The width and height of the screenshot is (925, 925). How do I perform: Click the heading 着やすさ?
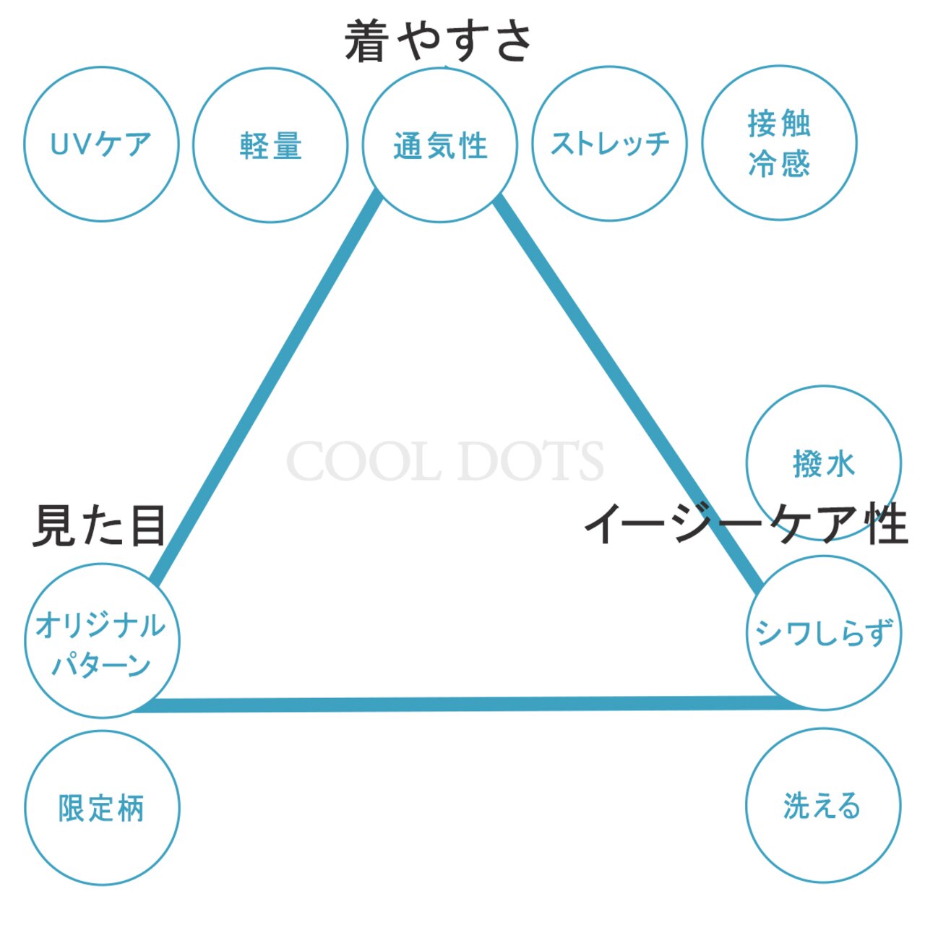click(x=439, y=41)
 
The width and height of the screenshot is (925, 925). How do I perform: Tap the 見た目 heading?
click(x=100, y=525)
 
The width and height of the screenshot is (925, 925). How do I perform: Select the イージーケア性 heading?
click(x=745, y=524)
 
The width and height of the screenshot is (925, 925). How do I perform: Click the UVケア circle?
click(x=101, y=145)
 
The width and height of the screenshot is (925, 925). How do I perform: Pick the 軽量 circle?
click(x=270, y=145)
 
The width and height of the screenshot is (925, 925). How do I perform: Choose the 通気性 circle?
click(x=440, y=145)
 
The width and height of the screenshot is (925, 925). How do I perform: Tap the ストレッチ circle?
click(x=610, y=144)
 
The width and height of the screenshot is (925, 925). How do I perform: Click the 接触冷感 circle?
click(x=780, y=143)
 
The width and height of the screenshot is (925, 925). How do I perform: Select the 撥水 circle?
click(x=824, y=463)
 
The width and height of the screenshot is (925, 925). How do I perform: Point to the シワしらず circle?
click(x=824, y=633)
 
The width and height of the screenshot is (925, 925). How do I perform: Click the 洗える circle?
click(x=823, y=805)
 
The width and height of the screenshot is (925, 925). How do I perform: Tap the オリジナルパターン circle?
click(x=102, y=641)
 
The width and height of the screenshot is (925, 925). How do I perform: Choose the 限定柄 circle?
click(x=102, y=808)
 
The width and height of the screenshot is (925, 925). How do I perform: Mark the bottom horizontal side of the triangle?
click(x=462, y=704)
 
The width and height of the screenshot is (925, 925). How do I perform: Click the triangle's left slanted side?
click(x=267, y=390)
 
